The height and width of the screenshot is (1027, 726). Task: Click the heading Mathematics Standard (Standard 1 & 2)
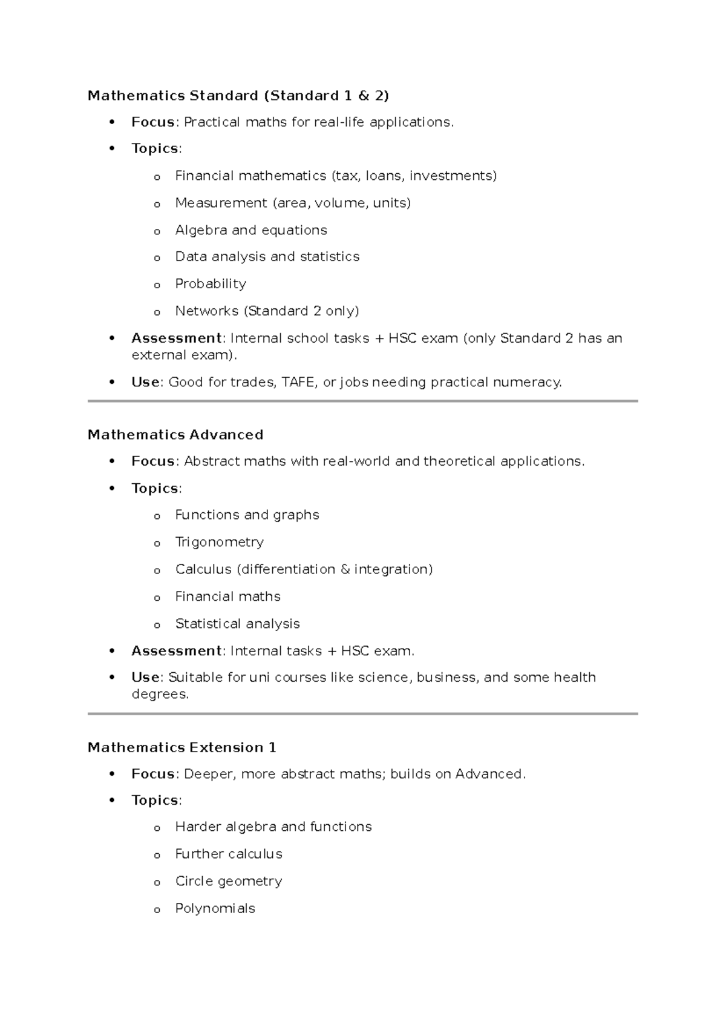point(238,96)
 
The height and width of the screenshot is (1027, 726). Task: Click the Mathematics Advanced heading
point(175,435)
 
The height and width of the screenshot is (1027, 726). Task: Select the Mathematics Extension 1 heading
point(181,747)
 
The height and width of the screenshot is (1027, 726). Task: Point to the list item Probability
point(211,284)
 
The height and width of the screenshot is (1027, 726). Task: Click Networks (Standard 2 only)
point(267,311)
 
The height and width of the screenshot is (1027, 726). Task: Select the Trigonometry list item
point(219,542)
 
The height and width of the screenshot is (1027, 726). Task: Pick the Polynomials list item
point(215,908)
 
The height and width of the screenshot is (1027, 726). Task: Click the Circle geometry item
point(229,881)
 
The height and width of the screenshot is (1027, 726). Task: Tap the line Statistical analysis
point(237,624)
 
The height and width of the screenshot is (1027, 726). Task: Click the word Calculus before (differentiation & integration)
point(203,569)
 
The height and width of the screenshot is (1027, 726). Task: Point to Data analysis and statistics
point(267,257)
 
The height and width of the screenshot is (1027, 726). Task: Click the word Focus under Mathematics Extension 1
point(153,774)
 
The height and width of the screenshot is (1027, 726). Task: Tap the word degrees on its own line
point(159,694)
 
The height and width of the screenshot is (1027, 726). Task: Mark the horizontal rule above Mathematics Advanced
point(363,401)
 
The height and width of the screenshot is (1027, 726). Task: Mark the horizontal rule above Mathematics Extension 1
point(363,714)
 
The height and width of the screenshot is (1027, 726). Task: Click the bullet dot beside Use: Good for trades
point(111,382)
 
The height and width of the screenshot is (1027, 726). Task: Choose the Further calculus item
point(229,854)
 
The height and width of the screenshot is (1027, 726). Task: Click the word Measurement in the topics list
point(221,203)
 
